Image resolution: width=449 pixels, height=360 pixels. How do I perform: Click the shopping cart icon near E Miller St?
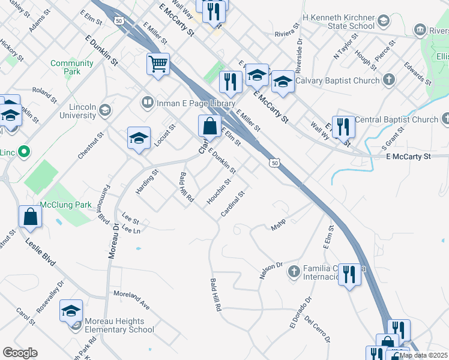pos(158,64)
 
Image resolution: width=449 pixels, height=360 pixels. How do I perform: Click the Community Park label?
pos(72,67)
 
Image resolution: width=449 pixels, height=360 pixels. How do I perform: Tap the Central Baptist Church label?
pos(396,119)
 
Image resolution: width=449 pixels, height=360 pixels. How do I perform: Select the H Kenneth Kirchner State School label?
pos(339,22)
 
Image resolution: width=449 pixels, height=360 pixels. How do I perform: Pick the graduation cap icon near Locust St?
pos(139,139)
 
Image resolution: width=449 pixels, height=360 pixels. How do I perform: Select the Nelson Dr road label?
pos(271,265)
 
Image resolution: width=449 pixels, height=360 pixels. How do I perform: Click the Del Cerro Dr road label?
pos(318,329)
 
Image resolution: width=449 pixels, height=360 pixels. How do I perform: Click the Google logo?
pos(20,353)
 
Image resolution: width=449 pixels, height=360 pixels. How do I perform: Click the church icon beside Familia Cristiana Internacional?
pos(294,272)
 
